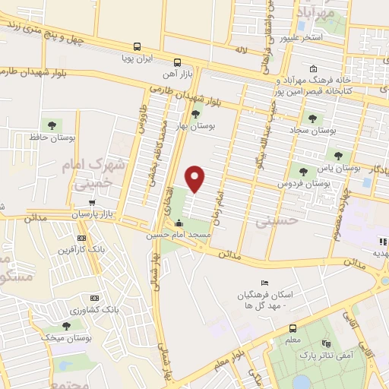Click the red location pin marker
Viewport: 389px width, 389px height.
click(x=195, y=178)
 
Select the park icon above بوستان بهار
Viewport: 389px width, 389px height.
click(x=196, y=115)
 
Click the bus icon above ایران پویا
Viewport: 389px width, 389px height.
click(x=137, y=46)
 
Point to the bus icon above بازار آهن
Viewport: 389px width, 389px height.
click(x=177, y=63)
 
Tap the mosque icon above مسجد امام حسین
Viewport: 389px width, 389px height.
click(x=179, y=223)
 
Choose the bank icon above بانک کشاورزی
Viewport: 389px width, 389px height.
click(x=94, y=298)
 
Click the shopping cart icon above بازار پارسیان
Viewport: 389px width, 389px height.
click(x=92, y=203)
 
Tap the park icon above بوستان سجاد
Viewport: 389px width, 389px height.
click(x=312, y=117)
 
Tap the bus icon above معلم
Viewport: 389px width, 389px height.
click(x=293, y=328)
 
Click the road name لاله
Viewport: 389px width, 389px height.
click(x=241, y=49)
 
